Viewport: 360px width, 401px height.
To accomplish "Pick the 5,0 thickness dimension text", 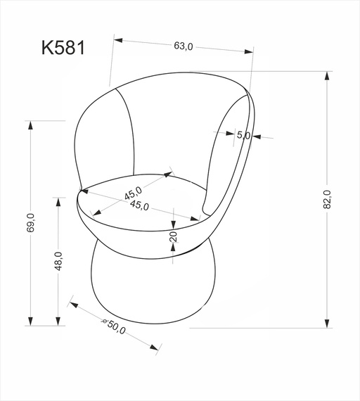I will click(x=243, y=135).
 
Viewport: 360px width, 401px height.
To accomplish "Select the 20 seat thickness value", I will click(x=173, y=237).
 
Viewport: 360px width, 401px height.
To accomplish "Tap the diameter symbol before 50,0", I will click(x=104, y=322).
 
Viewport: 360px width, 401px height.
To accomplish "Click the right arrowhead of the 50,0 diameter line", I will click(x=155, y=347).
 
